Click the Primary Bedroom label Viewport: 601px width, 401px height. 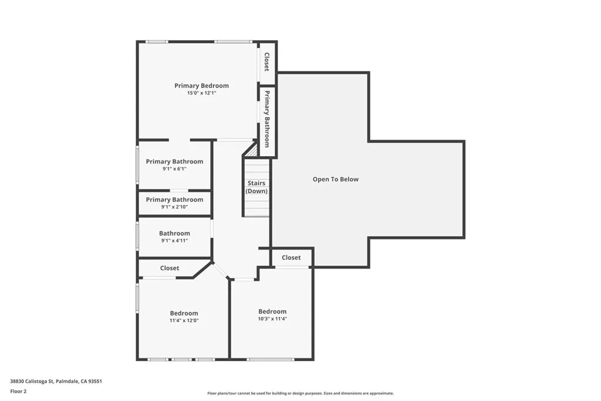pos(201,86)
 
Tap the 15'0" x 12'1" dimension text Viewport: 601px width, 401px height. pos(201,93)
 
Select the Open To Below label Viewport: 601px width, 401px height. pos(335,180)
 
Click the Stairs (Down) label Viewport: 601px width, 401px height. pos(256,187)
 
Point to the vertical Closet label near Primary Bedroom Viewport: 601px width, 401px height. pos(266,62)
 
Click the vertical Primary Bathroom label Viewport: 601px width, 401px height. pos(266,119)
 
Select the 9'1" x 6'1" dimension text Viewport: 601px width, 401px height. pos(174,169)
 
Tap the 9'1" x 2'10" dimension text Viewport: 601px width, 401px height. pos(174,207)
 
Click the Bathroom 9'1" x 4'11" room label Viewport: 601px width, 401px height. pos(174,234)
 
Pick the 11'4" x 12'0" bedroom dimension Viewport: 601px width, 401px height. pos(184,321)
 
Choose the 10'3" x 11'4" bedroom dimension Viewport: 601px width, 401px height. pos(272,319)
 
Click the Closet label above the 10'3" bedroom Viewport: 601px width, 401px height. pos(291,258)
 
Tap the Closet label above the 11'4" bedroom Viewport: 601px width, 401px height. pos(170,268)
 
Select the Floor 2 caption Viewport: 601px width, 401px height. pos(18,391)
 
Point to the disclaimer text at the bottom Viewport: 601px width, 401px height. pos(300,393)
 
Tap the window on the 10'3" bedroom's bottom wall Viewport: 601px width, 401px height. pos(270,359)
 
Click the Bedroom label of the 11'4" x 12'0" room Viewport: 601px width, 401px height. pos(184,314)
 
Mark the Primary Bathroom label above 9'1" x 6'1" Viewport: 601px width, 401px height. pos(174,162)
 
